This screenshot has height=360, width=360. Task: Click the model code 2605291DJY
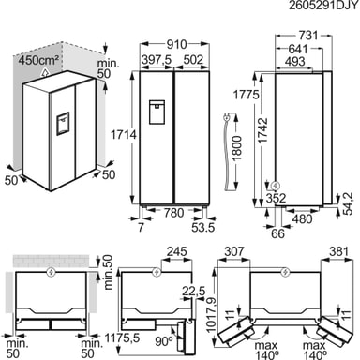pos(323,6)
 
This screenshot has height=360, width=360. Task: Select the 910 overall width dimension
pos(176,44)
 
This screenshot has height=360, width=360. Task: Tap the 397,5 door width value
pos(157,60)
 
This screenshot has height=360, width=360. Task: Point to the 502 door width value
pos(193,60)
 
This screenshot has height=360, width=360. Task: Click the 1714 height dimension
pos(124,135)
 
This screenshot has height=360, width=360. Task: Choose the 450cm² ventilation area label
pos(38,60)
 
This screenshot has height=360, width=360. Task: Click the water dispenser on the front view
pos(157,112)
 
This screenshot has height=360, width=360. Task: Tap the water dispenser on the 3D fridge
pos(63,124)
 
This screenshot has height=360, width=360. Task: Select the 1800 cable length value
pos(237,148)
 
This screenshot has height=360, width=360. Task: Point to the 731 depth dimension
pos(307,36)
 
